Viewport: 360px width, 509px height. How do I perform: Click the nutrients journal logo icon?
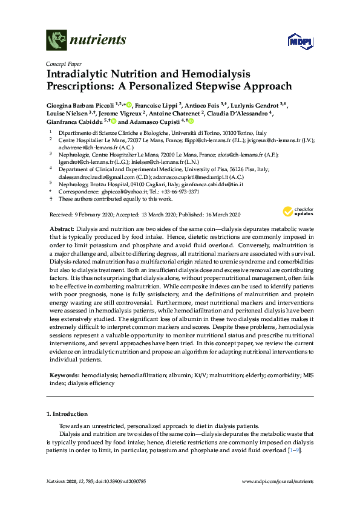click(x=56, y=41)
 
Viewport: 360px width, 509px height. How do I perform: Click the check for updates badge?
click(x=296, y=211)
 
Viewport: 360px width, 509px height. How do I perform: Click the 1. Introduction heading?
click(x=67, y=414)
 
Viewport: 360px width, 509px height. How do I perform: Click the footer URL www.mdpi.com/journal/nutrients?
click(x=277, y=482)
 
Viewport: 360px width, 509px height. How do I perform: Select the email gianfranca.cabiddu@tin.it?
click(x=212, y=184)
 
